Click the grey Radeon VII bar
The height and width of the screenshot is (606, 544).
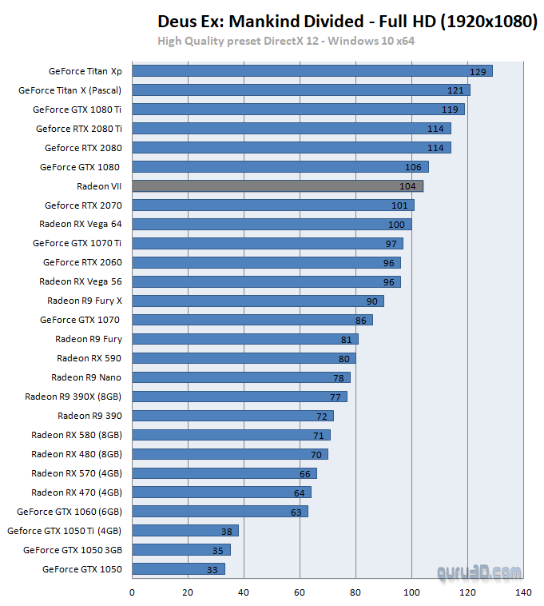[277, 185]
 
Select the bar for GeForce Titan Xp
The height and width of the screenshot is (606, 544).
[312, 71]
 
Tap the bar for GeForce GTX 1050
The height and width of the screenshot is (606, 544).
[178, 569]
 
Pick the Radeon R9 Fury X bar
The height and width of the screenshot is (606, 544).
[257, 301]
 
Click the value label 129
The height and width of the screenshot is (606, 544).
[478, 72]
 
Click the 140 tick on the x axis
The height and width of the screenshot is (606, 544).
[523, 592]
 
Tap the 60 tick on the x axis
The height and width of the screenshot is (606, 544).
[300, 592]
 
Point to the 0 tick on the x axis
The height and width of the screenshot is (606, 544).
[132, 592]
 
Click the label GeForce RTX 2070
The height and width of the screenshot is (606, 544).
[83, 205]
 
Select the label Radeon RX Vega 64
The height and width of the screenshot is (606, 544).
[80, 224]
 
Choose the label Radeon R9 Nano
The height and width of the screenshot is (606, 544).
[86, 377]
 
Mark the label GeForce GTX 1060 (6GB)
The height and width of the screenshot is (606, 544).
[69, 512]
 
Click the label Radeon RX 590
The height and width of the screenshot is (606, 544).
[89, 358]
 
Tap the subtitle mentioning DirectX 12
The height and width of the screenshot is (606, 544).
[285, 41]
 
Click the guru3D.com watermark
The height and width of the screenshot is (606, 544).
[479, 572]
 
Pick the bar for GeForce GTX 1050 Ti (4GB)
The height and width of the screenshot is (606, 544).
[185, 531]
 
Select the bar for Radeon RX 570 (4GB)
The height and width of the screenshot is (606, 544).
[224, 473]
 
